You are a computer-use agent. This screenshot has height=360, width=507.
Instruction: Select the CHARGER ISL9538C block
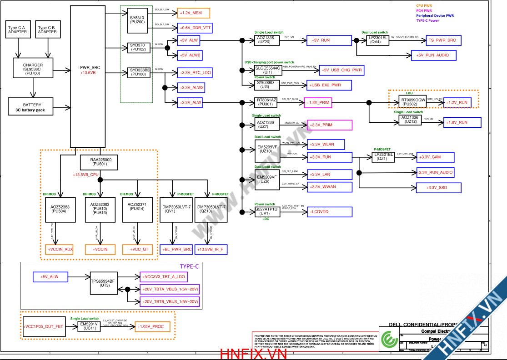coord(33,69)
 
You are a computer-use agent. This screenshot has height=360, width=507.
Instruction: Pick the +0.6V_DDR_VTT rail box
coord(195,28)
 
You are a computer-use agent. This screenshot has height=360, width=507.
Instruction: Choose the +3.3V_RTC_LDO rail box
coord(195,73)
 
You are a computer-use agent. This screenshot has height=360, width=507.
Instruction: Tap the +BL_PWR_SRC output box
coord(176,249)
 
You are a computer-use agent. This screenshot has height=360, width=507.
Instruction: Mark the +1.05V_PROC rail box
coord(153,326)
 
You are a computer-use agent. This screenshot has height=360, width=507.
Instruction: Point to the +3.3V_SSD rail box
coord(438,188)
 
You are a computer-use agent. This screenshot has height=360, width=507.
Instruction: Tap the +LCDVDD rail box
coord(327,212)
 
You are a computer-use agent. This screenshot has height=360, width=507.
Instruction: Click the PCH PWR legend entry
coord(424,10)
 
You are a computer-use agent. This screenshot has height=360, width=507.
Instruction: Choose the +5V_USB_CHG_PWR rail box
coord(341,70)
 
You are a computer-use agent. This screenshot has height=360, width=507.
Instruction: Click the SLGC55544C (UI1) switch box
coord(268,70)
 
